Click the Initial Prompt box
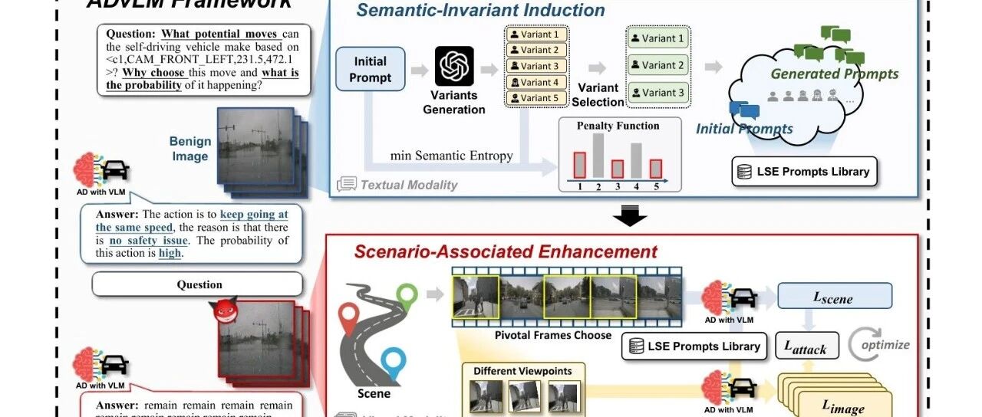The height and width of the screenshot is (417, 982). click(x=371, y=69)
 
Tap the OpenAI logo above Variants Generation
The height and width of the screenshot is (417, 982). click(x=454, y=66)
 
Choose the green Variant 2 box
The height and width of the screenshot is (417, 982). click(x=658, y=64)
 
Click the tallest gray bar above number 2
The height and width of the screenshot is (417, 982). click(x=598, y=155)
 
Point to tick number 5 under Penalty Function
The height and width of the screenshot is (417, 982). click(x=655, y=186)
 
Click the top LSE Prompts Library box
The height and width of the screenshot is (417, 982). click(x=803, y=172)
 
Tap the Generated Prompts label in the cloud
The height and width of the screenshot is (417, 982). click(x=834, y=74)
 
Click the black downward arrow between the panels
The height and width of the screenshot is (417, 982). click(x=629, y=217)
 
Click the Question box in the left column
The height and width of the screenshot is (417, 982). click(x=199, y=284)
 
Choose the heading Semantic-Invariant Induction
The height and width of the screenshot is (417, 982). click(x=480, y=11)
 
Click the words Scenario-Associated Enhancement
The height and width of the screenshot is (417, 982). click(x=506, y=251)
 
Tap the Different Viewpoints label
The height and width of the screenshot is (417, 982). click(x=522, y=371)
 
